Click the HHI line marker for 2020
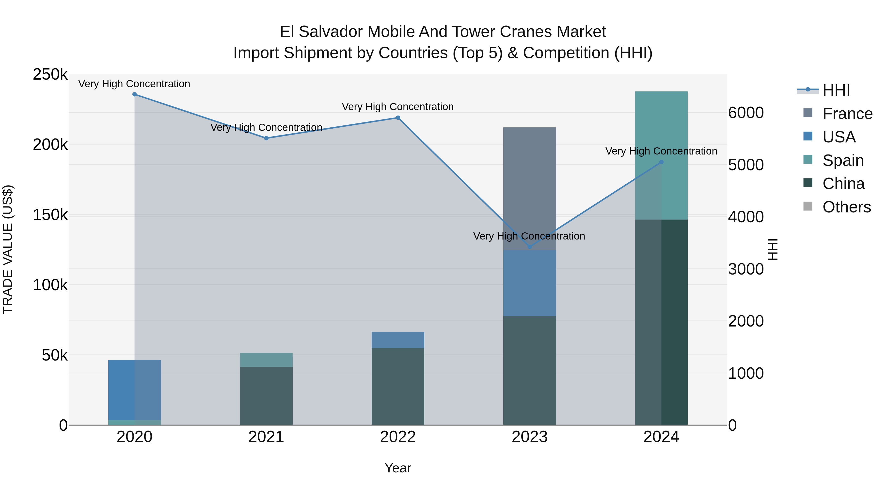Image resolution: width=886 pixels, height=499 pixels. pos(134,94)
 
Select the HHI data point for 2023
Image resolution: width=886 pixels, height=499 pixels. pos(529,247)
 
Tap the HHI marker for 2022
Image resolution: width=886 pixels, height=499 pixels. pos(398,118)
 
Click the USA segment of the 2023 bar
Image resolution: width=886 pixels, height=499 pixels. pos(529,283)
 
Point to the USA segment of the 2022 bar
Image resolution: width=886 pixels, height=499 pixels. pos(398,340)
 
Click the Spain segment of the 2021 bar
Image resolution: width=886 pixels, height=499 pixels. pos(266,360)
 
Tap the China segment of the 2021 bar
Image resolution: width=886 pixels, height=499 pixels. pos(266,396)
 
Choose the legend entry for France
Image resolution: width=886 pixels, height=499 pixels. pos(847,114)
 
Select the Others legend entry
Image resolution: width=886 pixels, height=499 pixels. pos(846,207)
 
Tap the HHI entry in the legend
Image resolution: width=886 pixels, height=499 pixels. pos(836,90)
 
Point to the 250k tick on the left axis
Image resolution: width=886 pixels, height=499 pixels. pos(50,74)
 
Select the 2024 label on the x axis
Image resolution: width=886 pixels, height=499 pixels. pos(661,437)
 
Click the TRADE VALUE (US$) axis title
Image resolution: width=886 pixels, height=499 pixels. pos(8,249)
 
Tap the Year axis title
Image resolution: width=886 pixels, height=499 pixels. pos(398,468)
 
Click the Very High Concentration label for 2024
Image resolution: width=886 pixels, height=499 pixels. pos(661,151)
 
